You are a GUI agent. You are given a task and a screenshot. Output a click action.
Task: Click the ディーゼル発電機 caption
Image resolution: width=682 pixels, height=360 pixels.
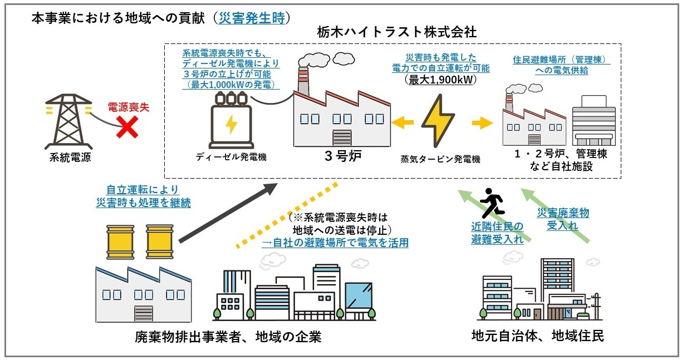point(230,157)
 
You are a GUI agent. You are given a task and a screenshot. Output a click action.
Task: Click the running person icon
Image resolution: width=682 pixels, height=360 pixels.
point(489,204)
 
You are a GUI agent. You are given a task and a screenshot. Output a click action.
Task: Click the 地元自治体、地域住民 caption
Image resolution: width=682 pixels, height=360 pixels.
point(537,336)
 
